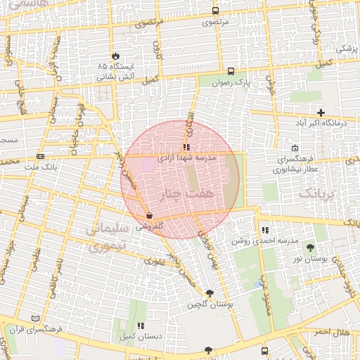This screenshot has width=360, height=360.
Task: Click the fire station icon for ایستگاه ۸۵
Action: click(x=115, y=56)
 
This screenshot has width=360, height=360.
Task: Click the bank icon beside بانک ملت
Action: click(x=40, y=156)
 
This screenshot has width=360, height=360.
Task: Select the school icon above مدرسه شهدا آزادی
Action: click(x=186, y=147)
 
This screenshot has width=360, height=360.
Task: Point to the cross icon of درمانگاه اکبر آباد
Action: click(x=321, y=112)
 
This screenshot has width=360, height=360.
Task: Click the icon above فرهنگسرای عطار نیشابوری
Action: click(x=294, y=148)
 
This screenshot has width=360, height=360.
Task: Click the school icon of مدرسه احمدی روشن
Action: click(x=265, y=229)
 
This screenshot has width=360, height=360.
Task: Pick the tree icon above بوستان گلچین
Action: click(x=210, y=293)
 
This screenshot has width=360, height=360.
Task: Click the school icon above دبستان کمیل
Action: click(x=141, y=326)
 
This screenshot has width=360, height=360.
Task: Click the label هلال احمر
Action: click(x=333, y=331)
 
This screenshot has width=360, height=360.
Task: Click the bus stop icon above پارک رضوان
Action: click(x=231, y=70)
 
